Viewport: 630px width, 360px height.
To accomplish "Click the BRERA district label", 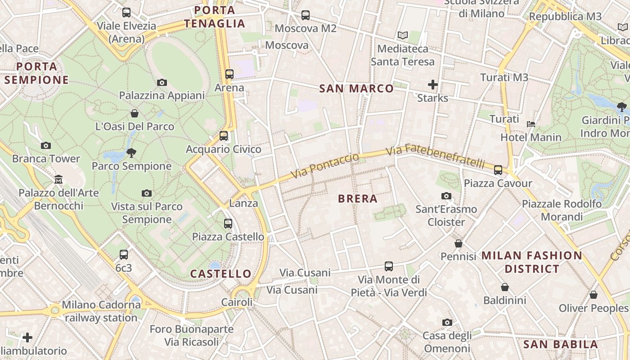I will pos(357,198).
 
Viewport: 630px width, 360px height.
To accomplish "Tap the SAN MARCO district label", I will pos(356,89).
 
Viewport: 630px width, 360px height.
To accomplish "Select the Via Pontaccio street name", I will pos(325,166).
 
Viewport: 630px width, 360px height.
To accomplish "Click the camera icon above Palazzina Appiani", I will pos(162,82).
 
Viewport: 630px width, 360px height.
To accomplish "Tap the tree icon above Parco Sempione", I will pos(131,153).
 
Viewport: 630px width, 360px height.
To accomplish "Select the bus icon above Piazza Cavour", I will pos(498,170).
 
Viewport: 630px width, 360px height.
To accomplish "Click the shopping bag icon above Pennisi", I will pos(459,243).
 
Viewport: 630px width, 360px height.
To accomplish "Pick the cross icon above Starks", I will pos(433,84).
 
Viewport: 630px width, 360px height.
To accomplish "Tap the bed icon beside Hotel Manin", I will pos(531,124).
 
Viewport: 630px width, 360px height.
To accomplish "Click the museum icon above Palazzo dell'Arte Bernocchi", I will pos(58,180).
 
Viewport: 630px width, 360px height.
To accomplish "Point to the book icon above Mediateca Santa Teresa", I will pos(402,35).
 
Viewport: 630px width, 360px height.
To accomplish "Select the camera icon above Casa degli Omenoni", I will pos(447,322).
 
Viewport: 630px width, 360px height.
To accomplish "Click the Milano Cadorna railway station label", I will pos(101,311).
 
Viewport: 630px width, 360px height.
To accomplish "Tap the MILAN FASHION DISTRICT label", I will pos(532,262).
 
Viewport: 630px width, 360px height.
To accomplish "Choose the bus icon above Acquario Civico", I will pos(224,135).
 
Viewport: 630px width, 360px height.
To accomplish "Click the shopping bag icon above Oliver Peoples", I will pos(594,295).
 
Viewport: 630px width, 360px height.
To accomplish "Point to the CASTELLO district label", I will pos(220,274).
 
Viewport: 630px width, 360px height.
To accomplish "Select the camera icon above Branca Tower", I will pos(45,145).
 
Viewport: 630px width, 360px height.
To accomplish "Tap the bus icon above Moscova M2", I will pos(306,15).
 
